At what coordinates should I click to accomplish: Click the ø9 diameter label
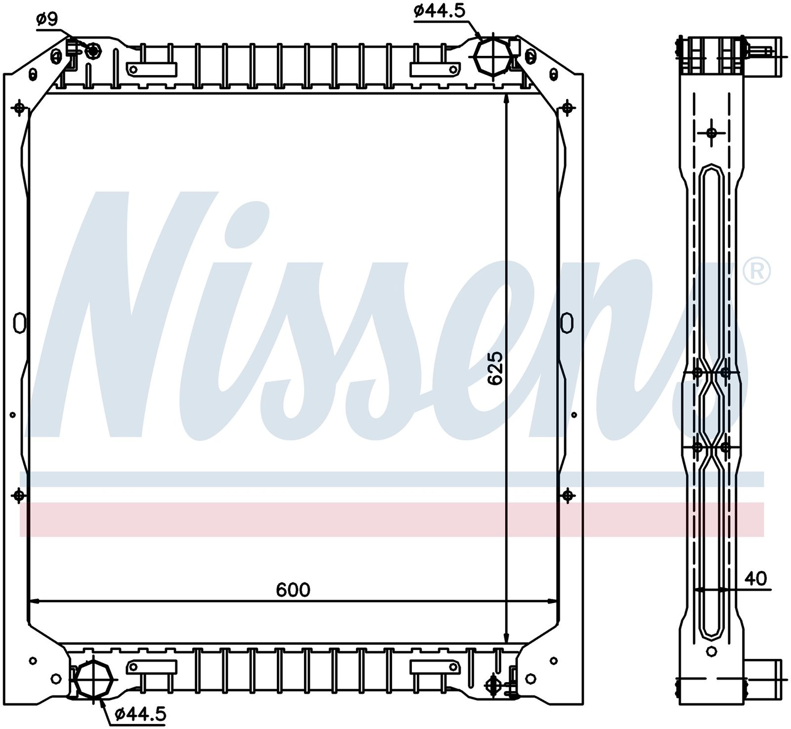[47, 19]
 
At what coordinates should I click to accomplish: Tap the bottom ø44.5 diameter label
[140, 714]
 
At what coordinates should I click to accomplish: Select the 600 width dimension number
[293, 590]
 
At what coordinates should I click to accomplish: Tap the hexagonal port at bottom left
[92, 679]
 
